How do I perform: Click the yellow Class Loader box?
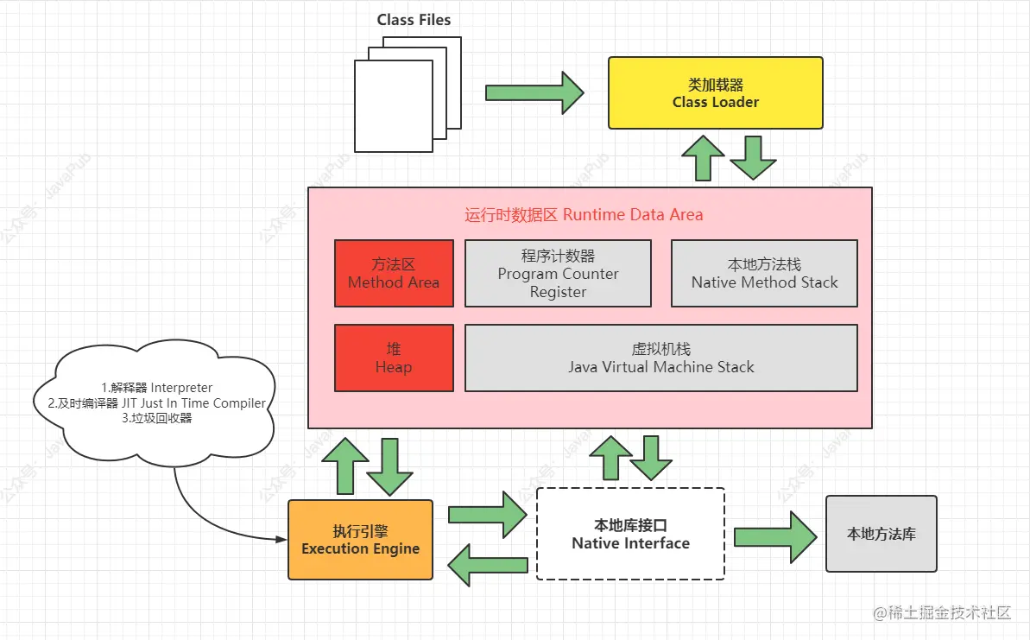(x=716, y=93)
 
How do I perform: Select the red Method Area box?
(x=394, y=274)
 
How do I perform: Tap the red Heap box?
(x=394, y=358)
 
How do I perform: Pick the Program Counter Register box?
(x=558, y=274)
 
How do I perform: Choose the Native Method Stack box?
(x=764, y=274)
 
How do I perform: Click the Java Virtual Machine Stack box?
(x=660, y=358)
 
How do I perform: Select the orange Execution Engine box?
(x=360, y=540)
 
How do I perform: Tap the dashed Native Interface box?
(x=630, y=534)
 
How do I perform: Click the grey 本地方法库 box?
(x=881, y=534)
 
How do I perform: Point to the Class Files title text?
(x=414, y=20)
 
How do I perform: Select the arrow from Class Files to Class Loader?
(x=534, y=92)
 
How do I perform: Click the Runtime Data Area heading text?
(x=584, y=214)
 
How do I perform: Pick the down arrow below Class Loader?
(x=753, y=157)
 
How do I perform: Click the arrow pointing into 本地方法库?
(x=774, y=536)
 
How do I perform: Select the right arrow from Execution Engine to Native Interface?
(x=487, y=515)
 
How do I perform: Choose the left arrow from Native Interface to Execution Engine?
(x=487, y=565)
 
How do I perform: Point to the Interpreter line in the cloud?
(x=157, y=388)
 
